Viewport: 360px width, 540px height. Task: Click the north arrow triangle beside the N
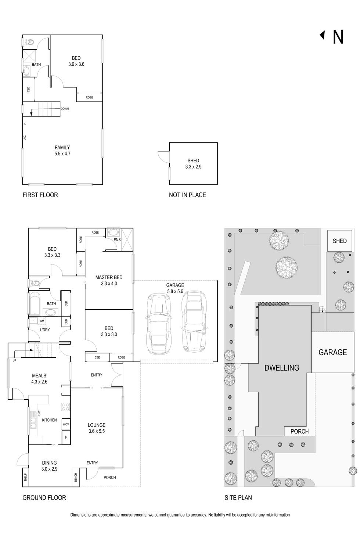tap(323, 35)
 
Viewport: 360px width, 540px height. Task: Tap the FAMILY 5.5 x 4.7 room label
tap(62, 151)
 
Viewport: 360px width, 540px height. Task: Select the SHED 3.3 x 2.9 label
tap(193, 163)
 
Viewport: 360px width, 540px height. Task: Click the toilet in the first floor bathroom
tap(28, 43)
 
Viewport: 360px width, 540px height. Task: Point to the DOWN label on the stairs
tap(65, 109)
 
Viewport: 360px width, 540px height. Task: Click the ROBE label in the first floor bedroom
tap(89, 97)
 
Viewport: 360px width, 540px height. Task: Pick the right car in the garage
tap(193, 321)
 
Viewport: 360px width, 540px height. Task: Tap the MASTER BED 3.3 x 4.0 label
tap(109, 280)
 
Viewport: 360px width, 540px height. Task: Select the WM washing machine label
tap(42, 321)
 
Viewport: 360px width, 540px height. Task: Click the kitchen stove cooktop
tap(66, 407)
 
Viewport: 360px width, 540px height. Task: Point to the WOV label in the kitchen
tap(66, 424)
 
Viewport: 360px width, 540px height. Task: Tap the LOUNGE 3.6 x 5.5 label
tap(97, 428)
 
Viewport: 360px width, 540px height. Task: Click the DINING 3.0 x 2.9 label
tap(49, 466)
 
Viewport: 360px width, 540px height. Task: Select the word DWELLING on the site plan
tap(282, 367)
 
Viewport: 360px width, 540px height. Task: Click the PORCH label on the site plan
tap(299, 431)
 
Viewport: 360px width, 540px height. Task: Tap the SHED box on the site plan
tap(339, 241)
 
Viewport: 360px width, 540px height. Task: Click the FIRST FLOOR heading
tap(40, 195)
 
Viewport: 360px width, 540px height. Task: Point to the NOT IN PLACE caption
tap(187, 195)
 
